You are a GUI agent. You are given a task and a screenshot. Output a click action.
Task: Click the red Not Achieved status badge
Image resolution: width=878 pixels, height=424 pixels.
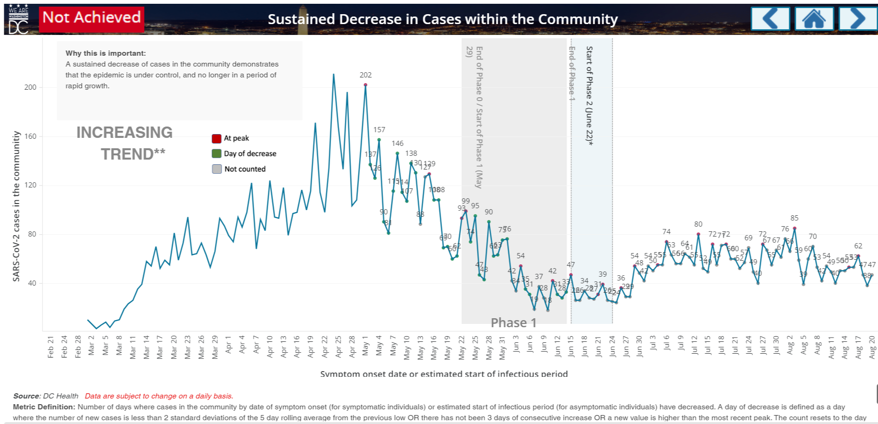[x=92, y=18]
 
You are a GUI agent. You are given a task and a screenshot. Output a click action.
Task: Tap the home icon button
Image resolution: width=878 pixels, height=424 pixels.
[x=814, y=19]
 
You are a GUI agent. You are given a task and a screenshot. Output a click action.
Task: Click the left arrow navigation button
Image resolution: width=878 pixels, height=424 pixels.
[x=770, y=19]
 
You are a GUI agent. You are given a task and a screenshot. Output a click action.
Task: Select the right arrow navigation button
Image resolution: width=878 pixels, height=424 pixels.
[x=858, y=19]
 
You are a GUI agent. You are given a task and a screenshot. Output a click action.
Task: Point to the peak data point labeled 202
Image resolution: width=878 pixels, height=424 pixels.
[x=366, y=85]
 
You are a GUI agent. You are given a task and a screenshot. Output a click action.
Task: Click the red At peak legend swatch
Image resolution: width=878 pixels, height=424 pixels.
[x=217, y=138]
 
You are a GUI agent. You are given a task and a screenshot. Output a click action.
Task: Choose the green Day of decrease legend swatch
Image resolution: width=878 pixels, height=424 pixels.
[x=217, y=153]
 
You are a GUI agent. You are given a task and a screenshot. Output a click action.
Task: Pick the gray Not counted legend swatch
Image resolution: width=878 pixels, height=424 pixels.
[x=217, y=169]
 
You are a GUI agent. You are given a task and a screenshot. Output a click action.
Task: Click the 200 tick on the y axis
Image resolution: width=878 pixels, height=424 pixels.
[x=30, y=87]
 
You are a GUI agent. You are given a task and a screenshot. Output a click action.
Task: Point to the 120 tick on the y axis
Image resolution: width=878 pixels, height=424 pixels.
[x=30, y=185]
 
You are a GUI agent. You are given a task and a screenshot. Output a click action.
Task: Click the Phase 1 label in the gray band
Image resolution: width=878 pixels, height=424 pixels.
[x=513, y=322]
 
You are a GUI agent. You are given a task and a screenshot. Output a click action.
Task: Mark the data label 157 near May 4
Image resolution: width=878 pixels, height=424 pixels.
[x=379, y=130]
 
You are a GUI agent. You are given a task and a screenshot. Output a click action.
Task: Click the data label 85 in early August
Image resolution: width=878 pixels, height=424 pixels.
[x=794, y=218]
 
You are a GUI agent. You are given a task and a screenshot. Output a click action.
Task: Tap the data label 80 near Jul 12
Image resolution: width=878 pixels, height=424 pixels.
[x=698, y=224]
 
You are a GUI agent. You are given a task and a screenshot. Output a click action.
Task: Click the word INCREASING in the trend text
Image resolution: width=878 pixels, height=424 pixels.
[x=125, y=133]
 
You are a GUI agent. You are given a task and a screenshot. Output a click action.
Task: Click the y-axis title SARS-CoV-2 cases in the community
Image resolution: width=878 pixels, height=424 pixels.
[x=17, y=206]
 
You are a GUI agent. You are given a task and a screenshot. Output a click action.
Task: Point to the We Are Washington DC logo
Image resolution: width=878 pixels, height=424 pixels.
[x=19, y=19]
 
